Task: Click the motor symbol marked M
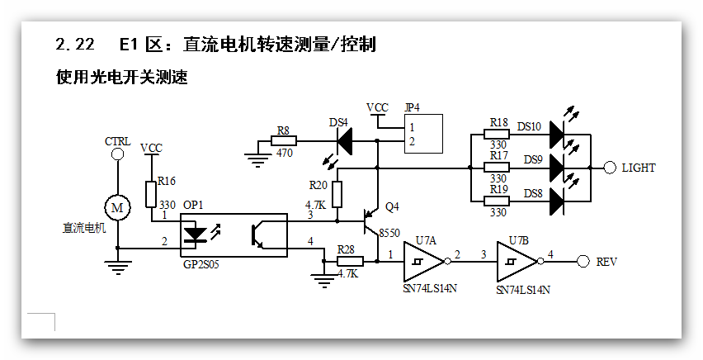(x=117, y=206)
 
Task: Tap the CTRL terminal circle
(x=117, y=154)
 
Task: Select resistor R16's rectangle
(x=151, y=194)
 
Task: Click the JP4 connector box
(x=423, y=135)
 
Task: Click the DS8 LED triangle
(x=555, y=199)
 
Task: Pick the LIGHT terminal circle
(x=610, y=168)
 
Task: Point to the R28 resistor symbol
(x=347, y=262)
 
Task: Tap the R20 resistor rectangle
(x=337, y=195)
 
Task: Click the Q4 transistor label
(x=392, y=206)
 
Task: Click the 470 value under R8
(x=285, y=153)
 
